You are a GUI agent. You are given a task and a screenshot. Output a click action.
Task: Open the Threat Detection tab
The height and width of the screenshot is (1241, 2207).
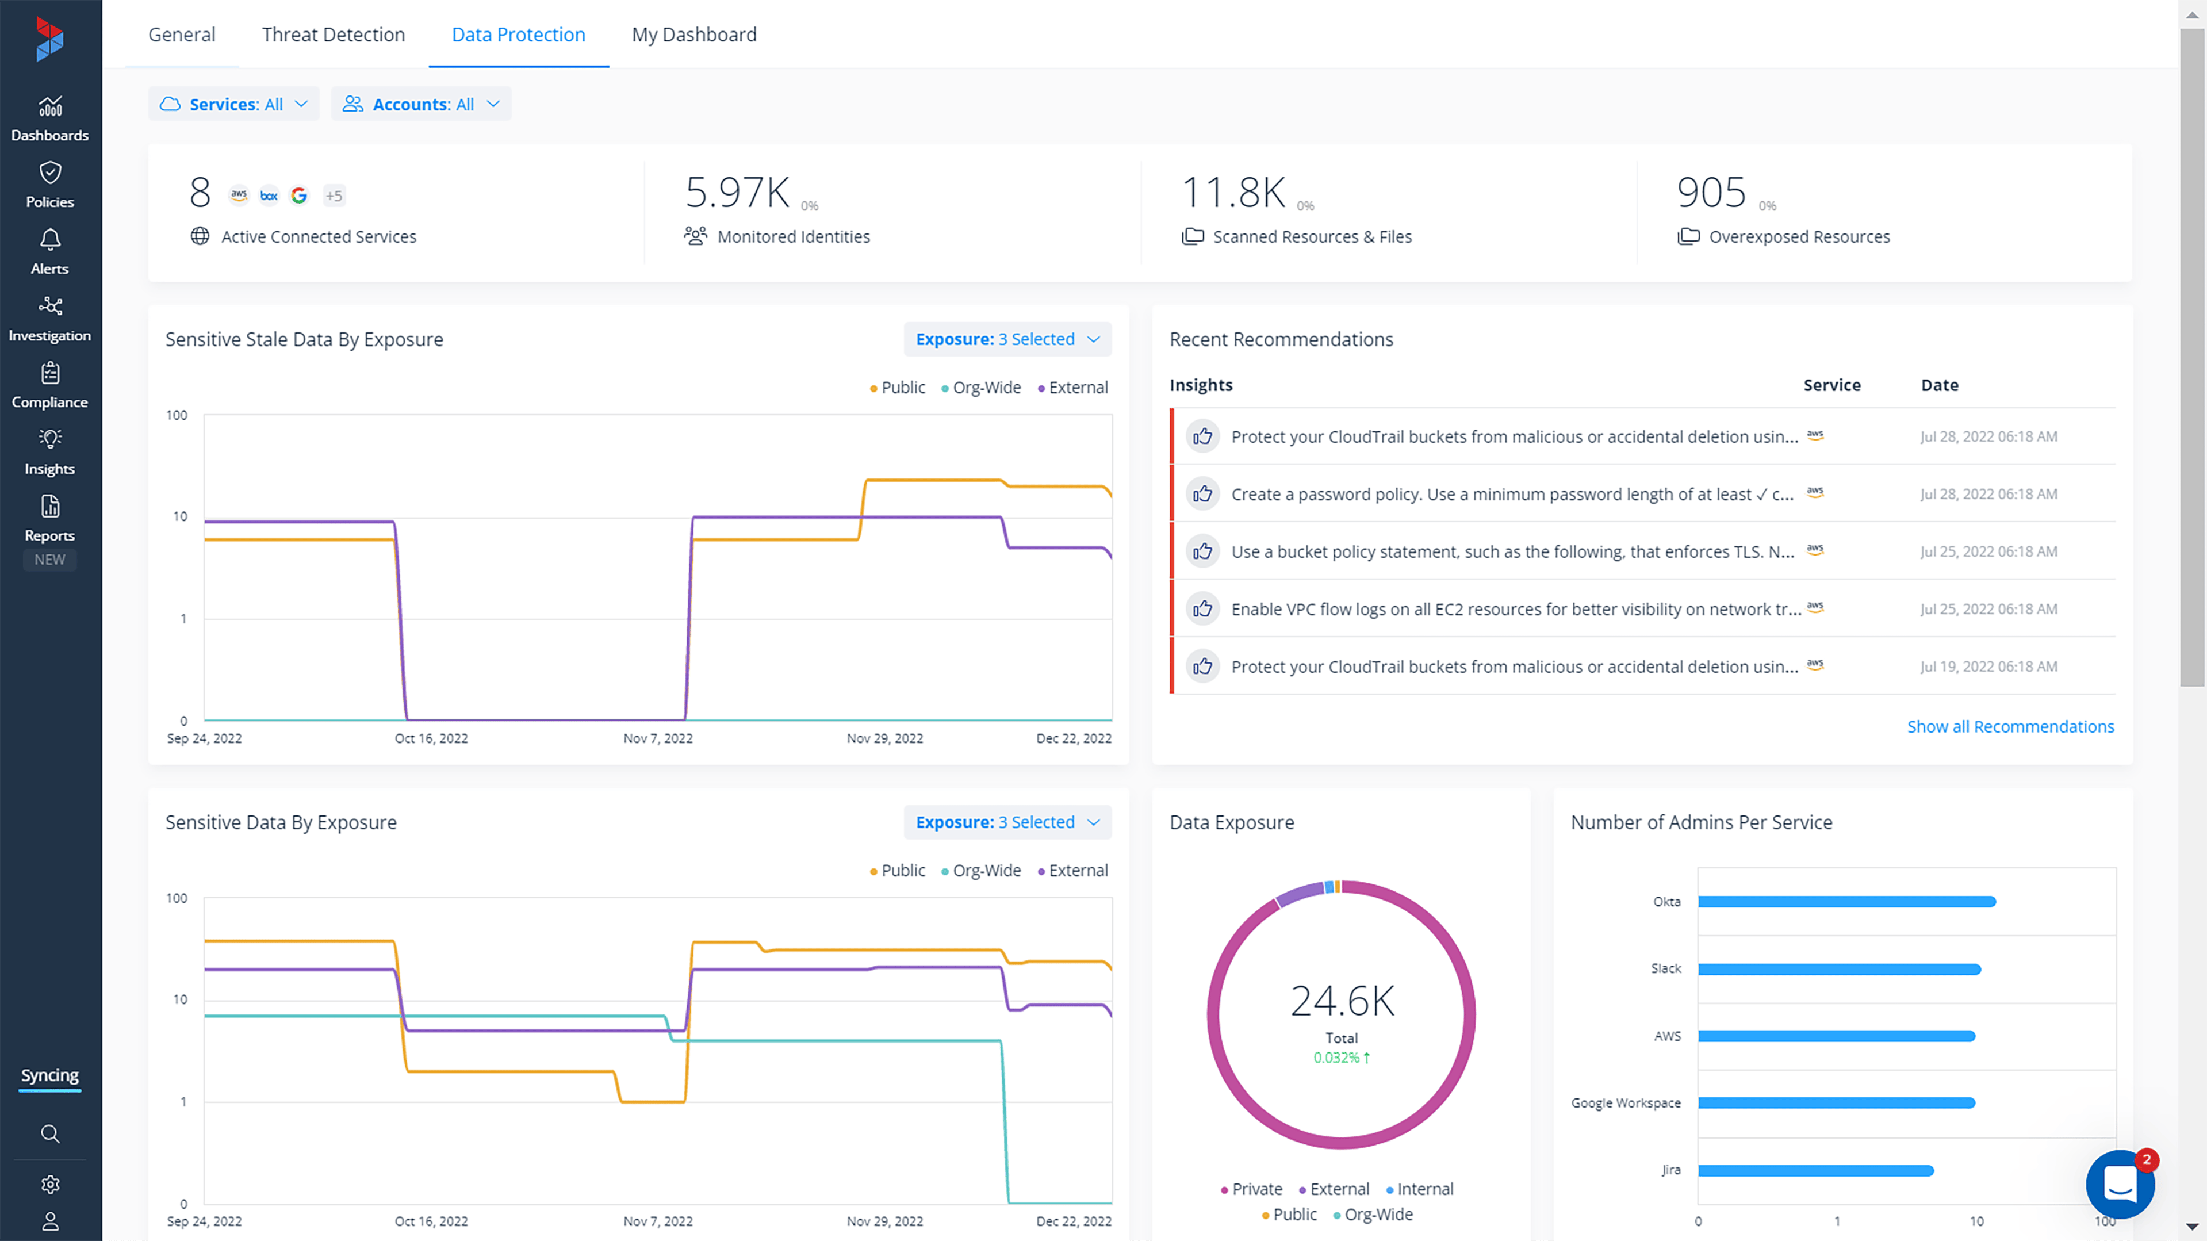point(334,35)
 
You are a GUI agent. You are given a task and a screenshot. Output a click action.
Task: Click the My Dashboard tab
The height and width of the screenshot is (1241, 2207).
point(694,35)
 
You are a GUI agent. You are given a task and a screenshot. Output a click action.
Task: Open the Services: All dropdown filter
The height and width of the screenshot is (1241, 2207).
point(233,104)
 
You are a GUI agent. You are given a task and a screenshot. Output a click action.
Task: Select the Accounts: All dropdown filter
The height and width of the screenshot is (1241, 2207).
point(421,104)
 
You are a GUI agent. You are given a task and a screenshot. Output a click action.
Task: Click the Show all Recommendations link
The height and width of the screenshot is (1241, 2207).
point(2010,726)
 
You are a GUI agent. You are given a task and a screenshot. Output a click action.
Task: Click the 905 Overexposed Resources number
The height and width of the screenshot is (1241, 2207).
point(1711,192)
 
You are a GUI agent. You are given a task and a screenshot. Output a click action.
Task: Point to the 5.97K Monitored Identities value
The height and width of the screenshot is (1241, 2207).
point(737,192)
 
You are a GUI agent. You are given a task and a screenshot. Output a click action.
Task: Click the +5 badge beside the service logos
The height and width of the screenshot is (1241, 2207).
point(334,196)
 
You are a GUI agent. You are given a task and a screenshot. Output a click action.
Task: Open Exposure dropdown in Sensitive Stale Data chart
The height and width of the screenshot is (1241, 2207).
point(1007,339)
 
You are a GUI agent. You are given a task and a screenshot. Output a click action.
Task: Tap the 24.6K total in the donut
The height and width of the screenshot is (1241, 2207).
point(1342,1001)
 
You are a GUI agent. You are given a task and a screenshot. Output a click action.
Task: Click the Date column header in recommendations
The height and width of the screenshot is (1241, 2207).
point(1940,385)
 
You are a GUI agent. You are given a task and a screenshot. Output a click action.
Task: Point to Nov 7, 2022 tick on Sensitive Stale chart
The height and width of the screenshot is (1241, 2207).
point(658,738)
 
